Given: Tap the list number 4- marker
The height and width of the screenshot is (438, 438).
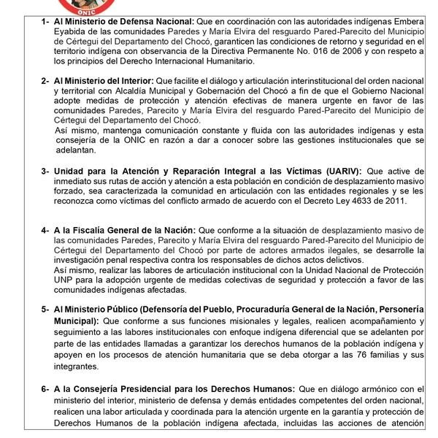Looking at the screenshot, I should pos(45,228).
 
